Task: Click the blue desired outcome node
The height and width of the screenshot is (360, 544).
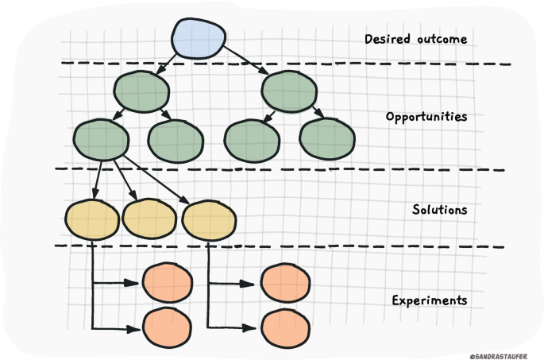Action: click(199, 38)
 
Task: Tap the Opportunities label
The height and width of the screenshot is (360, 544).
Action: click(426, 117)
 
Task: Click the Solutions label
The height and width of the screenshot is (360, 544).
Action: click(440, 209)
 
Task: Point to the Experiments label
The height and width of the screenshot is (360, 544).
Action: click(430, 300)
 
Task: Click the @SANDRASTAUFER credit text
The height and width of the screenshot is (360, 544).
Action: click(499, 357)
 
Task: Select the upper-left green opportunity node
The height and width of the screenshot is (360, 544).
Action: click(141, 91)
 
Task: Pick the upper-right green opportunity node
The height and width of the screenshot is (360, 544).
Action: click(289, 91)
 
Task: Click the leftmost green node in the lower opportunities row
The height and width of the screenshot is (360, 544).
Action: click(101, 140)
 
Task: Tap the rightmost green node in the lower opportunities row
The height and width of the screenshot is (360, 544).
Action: click(327, 139)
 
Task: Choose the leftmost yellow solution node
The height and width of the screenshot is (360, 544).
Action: click(92, 219)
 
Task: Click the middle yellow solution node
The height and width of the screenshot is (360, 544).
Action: click(149, 219)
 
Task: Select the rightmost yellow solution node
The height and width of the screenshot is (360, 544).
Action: click(209, 220)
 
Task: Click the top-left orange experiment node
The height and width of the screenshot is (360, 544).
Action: click(168, 282)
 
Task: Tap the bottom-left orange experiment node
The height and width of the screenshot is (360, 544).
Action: click(167, 327)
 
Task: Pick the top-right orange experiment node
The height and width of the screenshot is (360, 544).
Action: click(285, 283)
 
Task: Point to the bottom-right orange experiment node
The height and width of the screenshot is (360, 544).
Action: click(285, 328)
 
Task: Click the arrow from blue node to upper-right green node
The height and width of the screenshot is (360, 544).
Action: click(246, 60)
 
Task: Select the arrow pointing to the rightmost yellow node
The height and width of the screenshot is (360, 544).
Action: click(156, 180)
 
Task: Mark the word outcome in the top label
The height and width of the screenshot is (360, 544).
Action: click(442, 39)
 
